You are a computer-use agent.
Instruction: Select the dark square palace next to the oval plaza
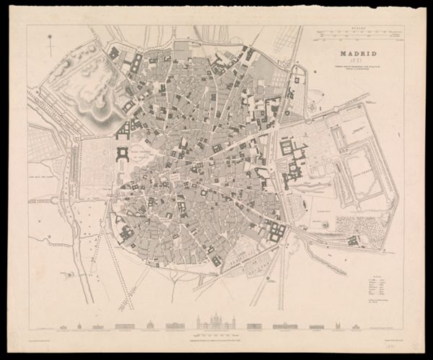click(x=121, y=154)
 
